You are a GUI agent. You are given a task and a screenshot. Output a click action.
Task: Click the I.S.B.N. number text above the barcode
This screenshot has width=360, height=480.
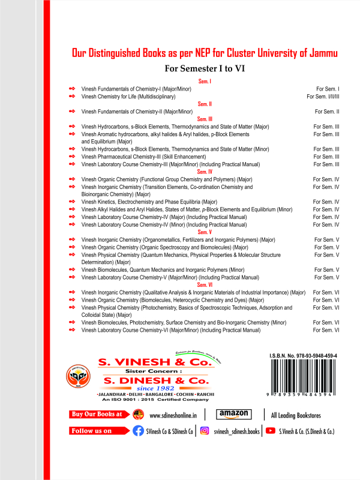(x=303, y=356)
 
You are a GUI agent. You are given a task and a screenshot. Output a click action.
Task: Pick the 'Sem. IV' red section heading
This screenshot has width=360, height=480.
(x=205, y=172)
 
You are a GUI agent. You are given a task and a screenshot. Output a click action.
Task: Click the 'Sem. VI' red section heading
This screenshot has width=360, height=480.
(x=205, y=285)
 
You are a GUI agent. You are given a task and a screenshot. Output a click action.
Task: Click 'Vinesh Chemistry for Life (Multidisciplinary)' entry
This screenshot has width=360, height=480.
(x=128, y=96)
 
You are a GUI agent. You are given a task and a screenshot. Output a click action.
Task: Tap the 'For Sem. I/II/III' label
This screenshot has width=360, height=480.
(x=323, y=96)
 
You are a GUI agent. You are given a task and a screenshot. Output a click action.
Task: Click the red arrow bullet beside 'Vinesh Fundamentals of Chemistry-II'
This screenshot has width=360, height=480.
(x=72, y=112)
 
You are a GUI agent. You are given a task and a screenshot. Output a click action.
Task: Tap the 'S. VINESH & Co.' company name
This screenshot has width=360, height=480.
(x=155, y=363)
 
